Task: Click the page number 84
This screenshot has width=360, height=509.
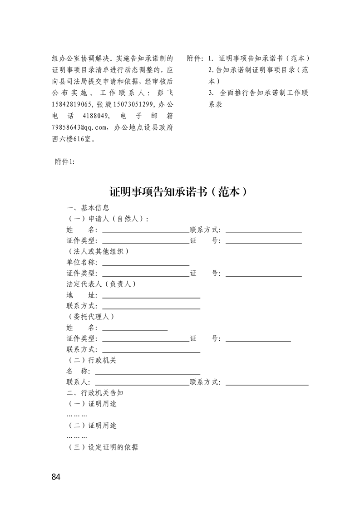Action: tap(56, 477)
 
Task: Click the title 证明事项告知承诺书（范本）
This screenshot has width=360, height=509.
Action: tap(180, 191)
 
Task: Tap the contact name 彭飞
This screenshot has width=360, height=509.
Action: tap(165, 92)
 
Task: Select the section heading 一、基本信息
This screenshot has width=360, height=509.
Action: tap(88, 209)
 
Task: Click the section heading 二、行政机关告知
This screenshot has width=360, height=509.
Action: tap(95, 392)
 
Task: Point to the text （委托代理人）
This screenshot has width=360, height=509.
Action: tap(90, 316)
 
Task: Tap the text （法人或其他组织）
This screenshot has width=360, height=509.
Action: tap(98, 251)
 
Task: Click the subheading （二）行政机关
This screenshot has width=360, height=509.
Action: tap(91, 360)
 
